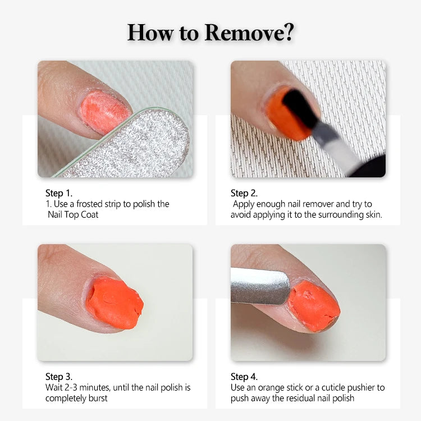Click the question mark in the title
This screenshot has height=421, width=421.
(289, 32)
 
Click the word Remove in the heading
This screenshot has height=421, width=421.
(244, 33)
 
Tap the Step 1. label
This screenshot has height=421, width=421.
(59, 193)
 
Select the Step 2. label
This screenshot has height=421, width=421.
(244, 193)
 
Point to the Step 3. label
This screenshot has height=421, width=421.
(59, 377)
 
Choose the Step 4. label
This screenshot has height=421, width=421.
(244, 377)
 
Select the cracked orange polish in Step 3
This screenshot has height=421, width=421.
(114, 303)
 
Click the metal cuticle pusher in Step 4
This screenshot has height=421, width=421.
(260, 286)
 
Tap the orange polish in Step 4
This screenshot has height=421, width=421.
(314, 305)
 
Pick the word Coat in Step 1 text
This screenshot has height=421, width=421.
(89, 215)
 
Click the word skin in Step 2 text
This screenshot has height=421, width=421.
(374, 215)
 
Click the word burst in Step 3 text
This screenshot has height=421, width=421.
(98, 398)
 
